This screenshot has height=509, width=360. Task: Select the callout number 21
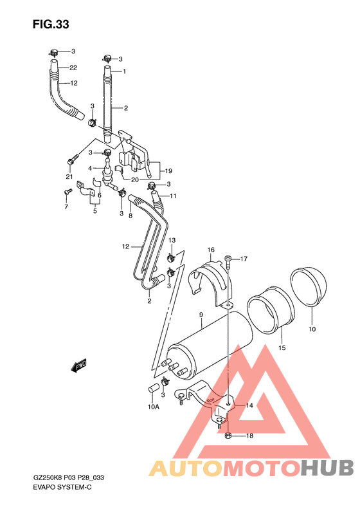tap(69, 177)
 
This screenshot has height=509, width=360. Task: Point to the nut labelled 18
tap(229, 436)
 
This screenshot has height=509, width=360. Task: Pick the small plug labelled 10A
tap(154, 387)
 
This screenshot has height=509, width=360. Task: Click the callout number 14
tap(249, 405)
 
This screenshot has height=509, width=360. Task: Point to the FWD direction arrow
tap(79, 367)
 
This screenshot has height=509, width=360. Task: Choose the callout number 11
tap(173, 196)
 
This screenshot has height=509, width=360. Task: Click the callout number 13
tap(172, 240)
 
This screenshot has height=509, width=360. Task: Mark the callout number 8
tap(130, 216)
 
